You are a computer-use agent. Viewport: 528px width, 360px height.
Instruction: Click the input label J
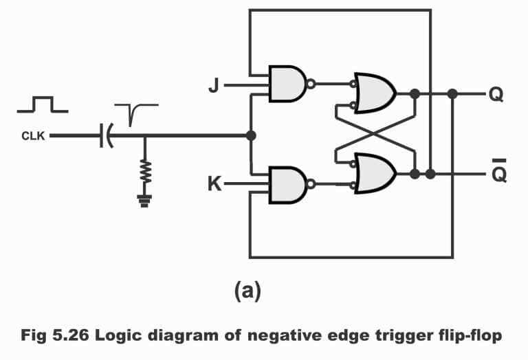coord(213,87)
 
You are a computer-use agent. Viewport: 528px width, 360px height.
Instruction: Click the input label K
coord(214,184)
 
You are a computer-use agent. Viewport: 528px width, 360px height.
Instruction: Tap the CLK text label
coord(32,136)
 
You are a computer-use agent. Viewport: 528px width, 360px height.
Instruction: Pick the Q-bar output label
coord(499,172)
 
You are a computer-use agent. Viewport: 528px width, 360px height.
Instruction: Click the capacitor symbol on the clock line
coord(105,136)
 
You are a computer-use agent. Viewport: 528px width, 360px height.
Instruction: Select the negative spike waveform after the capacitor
coord(134,111)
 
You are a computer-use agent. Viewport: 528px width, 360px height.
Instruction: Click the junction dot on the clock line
coord(251,135)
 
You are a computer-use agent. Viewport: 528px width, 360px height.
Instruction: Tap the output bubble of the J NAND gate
coord(311,85)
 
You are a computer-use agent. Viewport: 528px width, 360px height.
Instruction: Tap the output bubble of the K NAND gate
coord(311,184)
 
